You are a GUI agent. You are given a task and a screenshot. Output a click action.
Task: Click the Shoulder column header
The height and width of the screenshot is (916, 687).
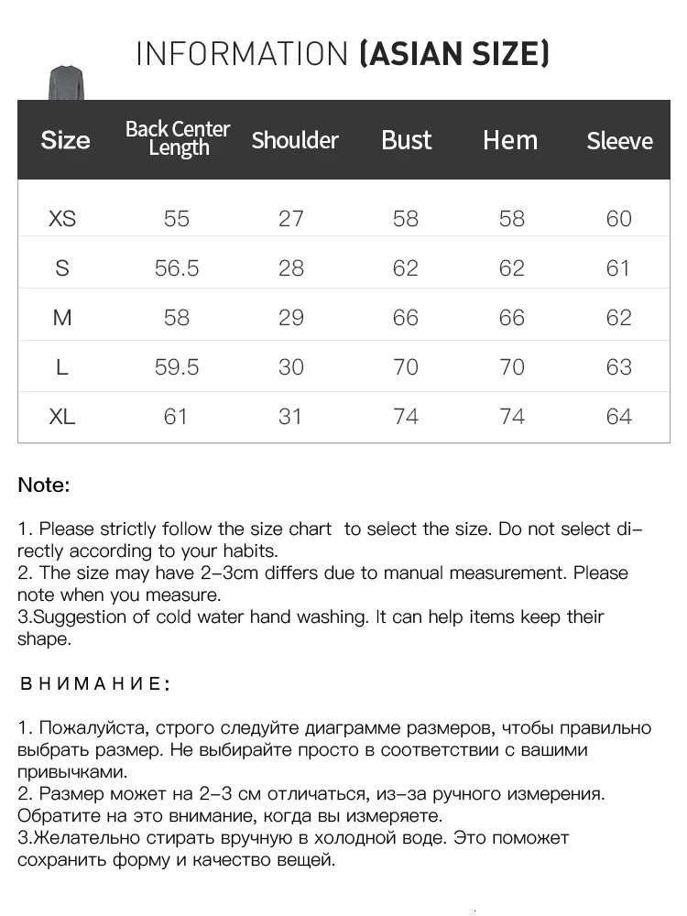294,140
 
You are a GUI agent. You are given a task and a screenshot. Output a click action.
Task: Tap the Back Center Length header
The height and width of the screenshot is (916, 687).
178,138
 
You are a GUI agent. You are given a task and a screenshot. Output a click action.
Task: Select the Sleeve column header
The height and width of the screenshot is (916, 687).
619,141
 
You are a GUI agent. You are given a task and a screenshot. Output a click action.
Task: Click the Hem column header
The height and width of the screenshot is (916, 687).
510,140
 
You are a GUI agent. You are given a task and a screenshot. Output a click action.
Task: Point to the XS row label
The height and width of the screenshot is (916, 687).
62,219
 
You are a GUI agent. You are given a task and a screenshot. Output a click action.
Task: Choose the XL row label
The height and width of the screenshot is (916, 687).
62,417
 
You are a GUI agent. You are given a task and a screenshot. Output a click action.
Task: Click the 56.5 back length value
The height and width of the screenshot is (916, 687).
177,268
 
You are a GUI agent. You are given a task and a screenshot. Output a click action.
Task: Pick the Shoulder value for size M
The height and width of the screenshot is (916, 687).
290,318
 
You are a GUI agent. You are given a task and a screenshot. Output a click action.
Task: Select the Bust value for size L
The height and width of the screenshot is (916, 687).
405,367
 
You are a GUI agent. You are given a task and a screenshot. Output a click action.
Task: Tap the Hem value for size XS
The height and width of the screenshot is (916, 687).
511,219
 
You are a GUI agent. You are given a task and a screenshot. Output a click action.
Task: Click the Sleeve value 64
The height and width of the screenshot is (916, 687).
618,417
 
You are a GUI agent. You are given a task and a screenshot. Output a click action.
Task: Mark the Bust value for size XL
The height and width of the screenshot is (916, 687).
405,417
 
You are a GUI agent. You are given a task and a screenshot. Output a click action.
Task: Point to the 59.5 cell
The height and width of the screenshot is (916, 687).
177,367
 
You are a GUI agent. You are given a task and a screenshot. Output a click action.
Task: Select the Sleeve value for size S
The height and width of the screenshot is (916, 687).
618,268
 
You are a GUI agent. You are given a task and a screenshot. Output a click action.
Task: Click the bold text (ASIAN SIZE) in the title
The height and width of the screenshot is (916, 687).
454,54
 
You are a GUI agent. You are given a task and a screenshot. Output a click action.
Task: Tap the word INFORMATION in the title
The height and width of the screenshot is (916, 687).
243,54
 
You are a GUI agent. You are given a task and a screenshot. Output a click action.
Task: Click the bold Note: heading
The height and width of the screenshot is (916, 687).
44,485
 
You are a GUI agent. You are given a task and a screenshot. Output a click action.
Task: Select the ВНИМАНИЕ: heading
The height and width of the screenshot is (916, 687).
94,684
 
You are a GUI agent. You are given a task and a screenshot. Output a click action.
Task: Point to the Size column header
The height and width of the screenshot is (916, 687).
65,140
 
